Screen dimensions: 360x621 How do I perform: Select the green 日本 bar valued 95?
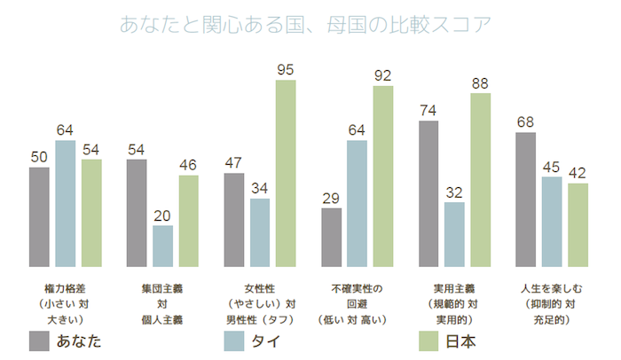click(x=286, y=173)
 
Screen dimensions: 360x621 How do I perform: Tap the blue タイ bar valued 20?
click(x=162, y=246)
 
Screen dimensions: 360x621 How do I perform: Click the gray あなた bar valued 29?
click(x=331, y=237)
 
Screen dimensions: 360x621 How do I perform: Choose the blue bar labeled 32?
click(x=454, y=234)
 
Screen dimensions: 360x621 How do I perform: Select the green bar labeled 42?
click(x=578, y=224)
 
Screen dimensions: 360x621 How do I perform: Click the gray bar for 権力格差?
click(x=39, y=216)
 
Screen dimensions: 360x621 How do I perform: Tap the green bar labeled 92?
click(x=383, y=176)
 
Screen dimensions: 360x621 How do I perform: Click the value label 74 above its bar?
click(x=428, y=111)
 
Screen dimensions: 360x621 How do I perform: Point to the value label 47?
click(x=233, y=163)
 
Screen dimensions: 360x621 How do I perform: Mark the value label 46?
click(x=188, y=165)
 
